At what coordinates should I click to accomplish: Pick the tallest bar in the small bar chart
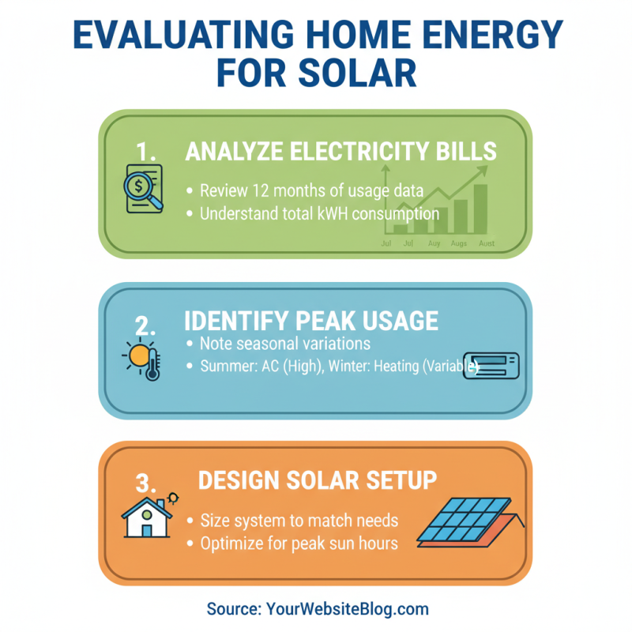480,209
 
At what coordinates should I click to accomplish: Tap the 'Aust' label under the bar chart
487,243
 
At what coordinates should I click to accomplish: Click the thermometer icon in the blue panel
153,365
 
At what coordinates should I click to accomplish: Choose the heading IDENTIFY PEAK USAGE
310,321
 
